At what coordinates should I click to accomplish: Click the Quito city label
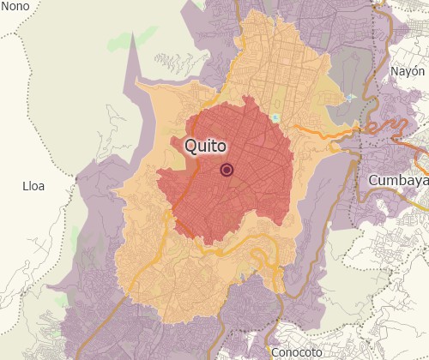click(211, 147)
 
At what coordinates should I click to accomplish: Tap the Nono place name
click(15, 6)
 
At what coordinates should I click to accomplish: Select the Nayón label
click(407, 72)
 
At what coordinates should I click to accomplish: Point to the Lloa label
click(33, 185)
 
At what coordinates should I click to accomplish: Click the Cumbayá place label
click(397, 181)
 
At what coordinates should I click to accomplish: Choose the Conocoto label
click(295, 352)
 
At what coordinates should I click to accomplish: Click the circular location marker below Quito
click(227, 170)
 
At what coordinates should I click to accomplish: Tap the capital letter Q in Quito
click(193, 147)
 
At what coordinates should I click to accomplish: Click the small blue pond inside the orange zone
click(275, 118)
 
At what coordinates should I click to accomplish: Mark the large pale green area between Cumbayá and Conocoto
click(343, 257)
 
